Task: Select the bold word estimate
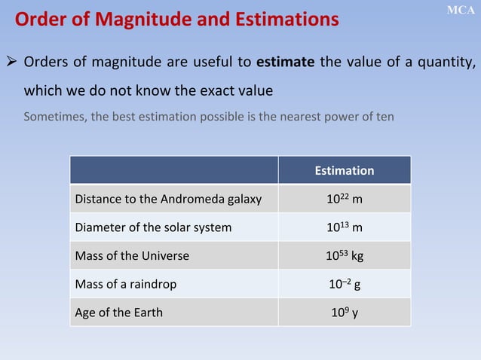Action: pyautogui.click(x=285, y=62)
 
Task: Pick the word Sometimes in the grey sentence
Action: pyautogui.click(x=53, y=117)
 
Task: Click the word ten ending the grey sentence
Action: pyautogui.click(x=383, y=117)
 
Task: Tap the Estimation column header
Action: pyautogui.click(x=344, y=171)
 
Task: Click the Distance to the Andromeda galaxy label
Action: pyautogui.click(x=168, y=200)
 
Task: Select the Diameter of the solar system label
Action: pyautogui.click(x=153, y=227)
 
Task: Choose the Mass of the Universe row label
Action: pyautogui.click(x=132, y=255)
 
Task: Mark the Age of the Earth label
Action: pyautogui.click(x=118, y=312)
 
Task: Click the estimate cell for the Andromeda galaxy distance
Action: pyautogui.click(x=344, y=199)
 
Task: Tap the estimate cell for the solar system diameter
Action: pyautogui.click(x=344, y=227)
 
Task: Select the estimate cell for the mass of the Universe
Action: pyautogui.click(x=344, y=255)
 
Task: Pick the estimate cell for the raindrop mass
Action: pyautogui.click(x=344, y=284)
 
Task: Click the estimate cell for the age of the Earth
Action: pyautogui.click(x=344, y=312)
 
